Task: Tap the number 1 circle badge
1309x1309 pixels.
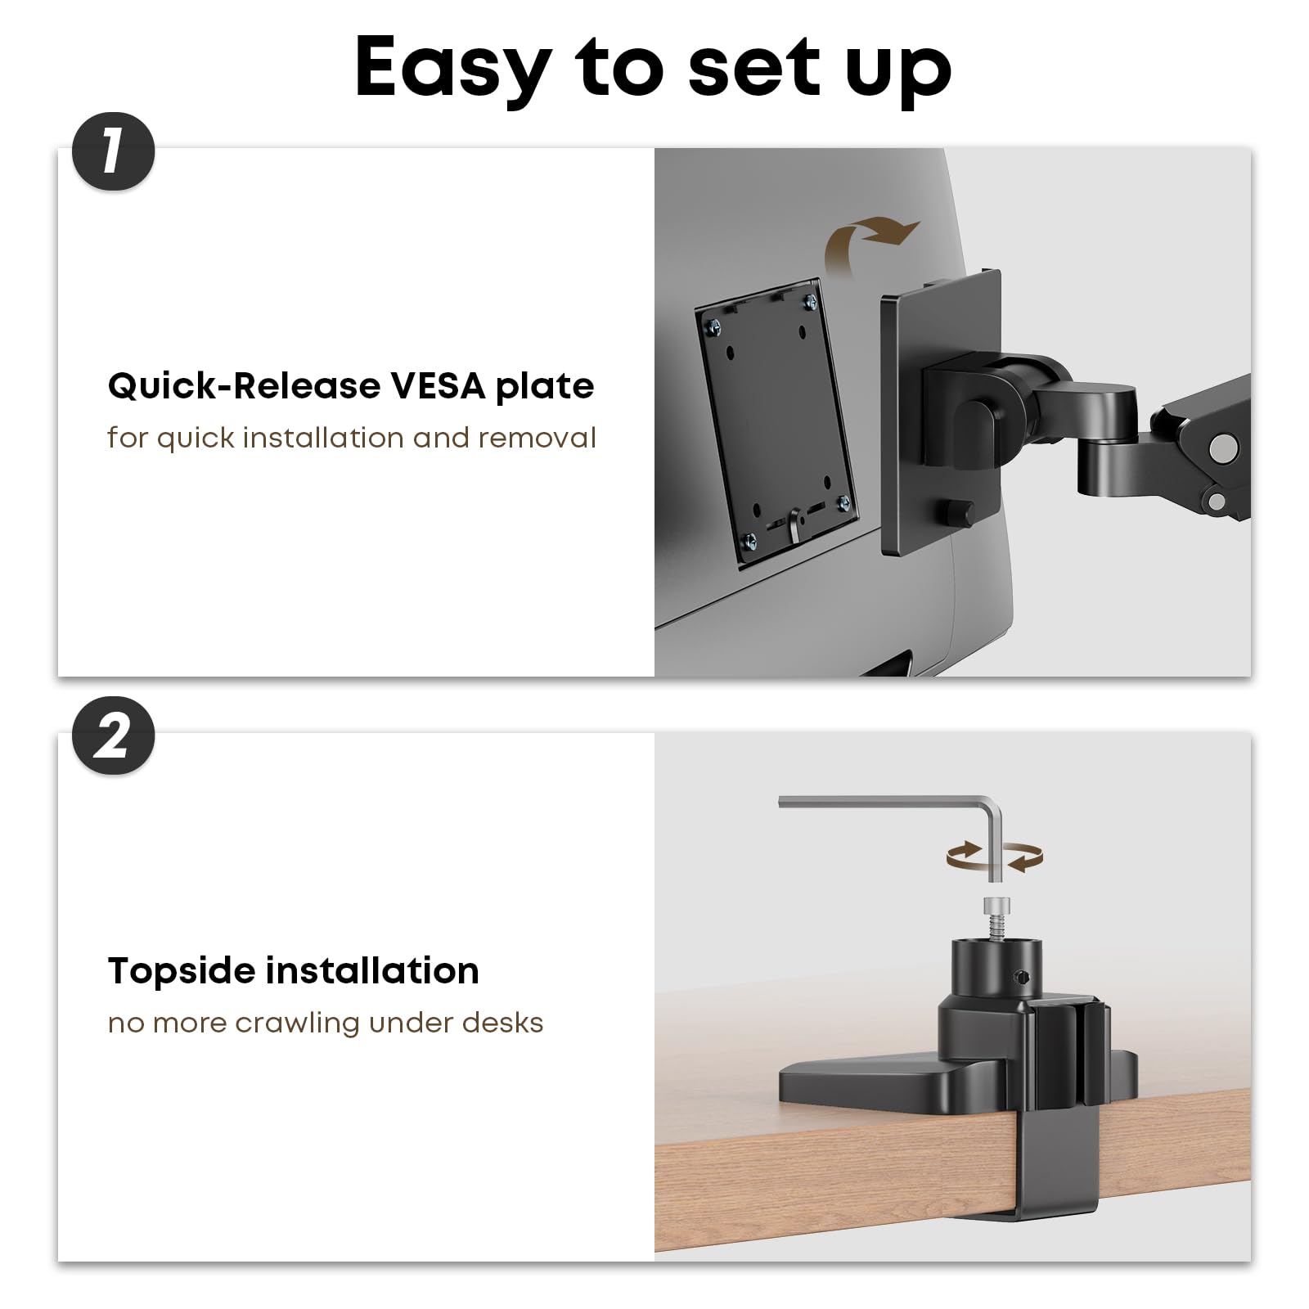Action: [x=113, y=152]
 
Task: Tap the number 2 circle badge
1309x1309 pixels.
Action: [x=113, y=736]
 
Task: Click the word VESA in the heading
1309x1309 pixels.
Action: [x=438, y=385]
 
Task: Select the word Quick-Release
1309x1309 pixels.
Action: [x=244, y=386]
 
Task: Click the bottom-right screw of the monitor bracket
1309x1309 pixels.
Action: [x=843, y=502]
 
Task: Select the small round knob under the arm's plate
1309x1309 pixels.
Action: [x=955, y=513]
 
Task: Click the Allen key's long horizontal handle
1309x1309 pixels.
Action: [x=884, y=802]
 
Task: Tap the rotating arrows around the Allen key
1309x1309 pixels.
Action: [x=994, y=857]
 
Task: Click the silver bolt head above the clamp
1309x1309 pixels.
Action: [x=996, y=906]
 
